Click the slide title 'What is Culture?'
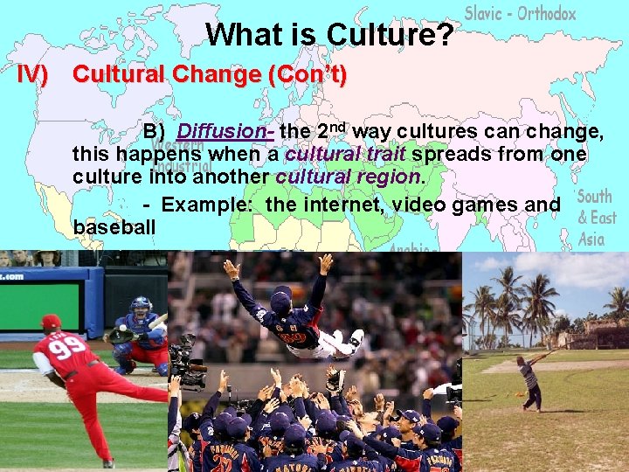click(330, 35)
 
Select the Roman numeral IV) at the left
click(33, 74)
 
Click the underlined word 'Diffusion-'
click(225, 131)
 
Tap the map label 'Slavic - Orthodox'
click(520, 13)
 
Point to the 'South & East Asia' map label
click(596, 217)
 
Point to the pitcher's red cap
click(52, 321)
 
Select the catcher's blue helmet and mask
click(140, 308)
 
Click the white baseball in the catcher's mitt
click(123, 328)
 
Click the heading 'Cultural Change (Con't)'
click(210, 74)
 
